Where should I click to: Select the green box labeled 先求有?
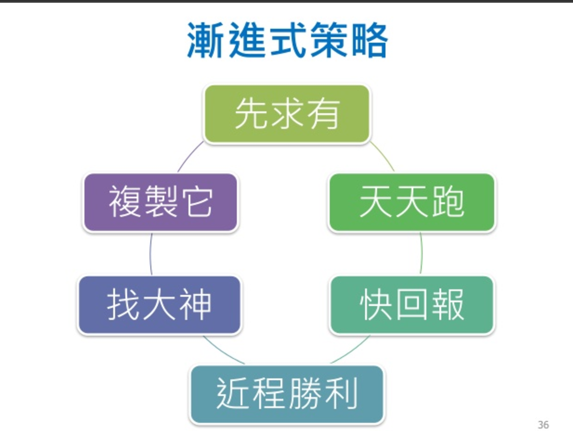click(x=287, y=114)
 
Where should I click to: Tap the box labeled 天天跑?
click(x=412, y=202)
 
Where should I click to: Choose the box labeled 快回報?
click(x=412, y=305)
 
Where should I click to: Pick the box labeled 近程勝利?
click(x=287, y=394)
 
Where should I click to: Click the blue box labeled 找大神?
click(x=160, y=305)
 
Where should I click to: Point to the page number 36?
click(x=543, y=424)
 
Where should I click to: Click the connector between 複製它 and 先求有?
click(x=189, y=157)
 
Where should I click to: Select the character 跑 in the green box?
click(x=447, y=202)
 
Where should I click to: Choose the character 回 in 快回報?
click(x=412, y=305)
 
